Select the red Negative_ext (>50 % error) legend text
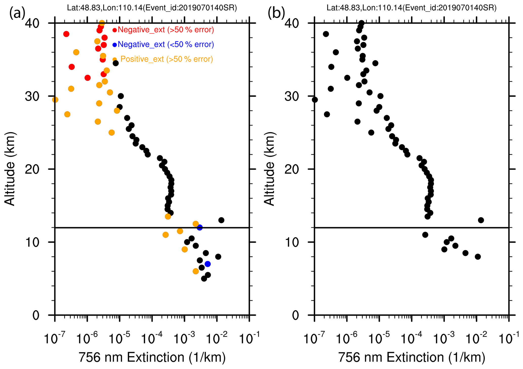click(166, 30)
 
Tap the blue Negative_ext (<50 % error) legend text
click(166, 45)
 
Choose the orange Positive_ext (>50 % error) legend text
click(166, 59)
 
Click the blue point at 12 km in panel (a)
click(200, 227)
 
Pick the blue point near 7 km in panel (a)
click(207, 264)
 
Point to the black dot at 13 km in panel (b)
click(481, 220)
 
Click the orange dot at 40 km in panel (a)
click(102, 23)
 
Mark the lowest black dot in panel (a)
click(204, 279)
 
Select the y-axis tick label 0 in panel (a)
click(36, 316)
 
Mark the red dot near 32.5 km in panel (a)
click(88, 78)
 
